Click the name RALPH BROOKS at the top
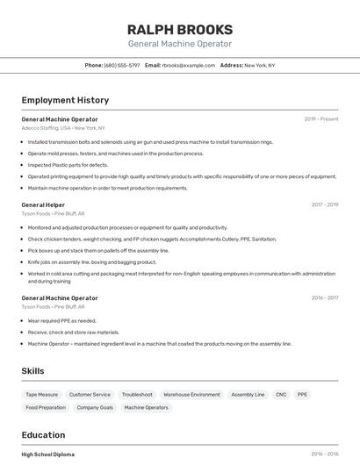[180, 29]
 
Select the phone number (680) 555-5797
[121, 65]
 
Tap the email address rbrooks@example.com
[189, 65]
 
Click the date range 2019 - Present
[321, 119]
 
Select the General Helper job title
[43, 204]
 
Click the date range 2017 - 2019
[325, 204]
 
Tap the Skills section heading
[33, 371]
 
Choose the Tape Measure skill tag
[41, 395]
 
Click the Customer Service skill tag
[90, 395]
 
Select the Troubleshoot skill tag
[137, 395]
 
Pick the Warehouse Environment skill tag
[191, 395]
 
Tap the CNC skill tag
[281, 395]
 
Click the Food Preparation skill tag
[46, 408]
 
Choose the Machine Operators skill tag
[146, 408]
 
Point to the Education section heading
[44, 435]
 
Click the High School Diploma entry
[48, 454]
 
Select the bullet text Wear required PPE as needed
[62, 321]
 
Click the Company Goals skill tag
[95, 408]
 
